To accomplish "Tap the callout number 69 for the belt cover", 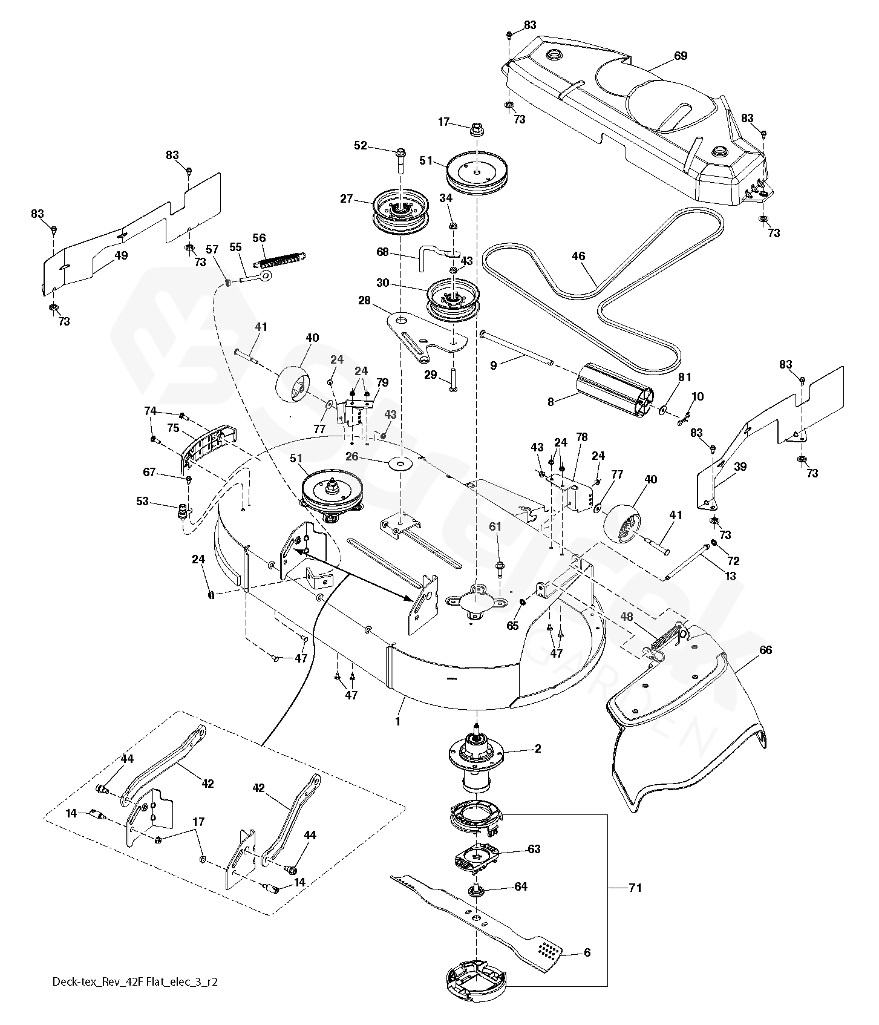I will pyautogui.click(x=681, y=56).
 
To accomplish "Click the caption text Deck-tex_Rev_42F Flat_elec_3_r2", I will pyautogui.click(x=134, y=999).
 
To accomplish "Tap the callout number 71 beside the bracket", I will pyautogui.click(x=635, y=888).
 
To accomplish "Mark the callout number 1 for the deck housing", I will pyautogui.click(x=397, y=721).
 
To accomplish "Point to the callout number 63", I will pyautogui.click(x=534, y=849).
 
